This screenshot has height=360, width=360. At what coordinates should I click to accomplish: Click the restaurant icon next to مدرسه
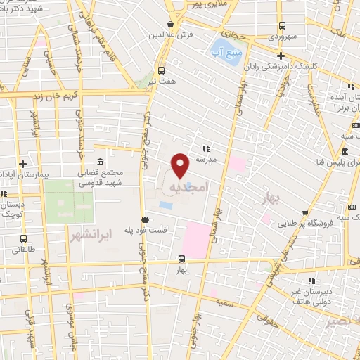[x=206, y=148]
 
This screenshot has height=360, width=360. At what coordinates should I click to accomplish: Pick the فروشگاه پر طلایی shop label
[x=326, y=223]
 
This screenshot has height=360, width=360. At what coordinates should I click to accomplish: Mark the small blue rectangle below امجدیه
[x=165, y=205]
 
